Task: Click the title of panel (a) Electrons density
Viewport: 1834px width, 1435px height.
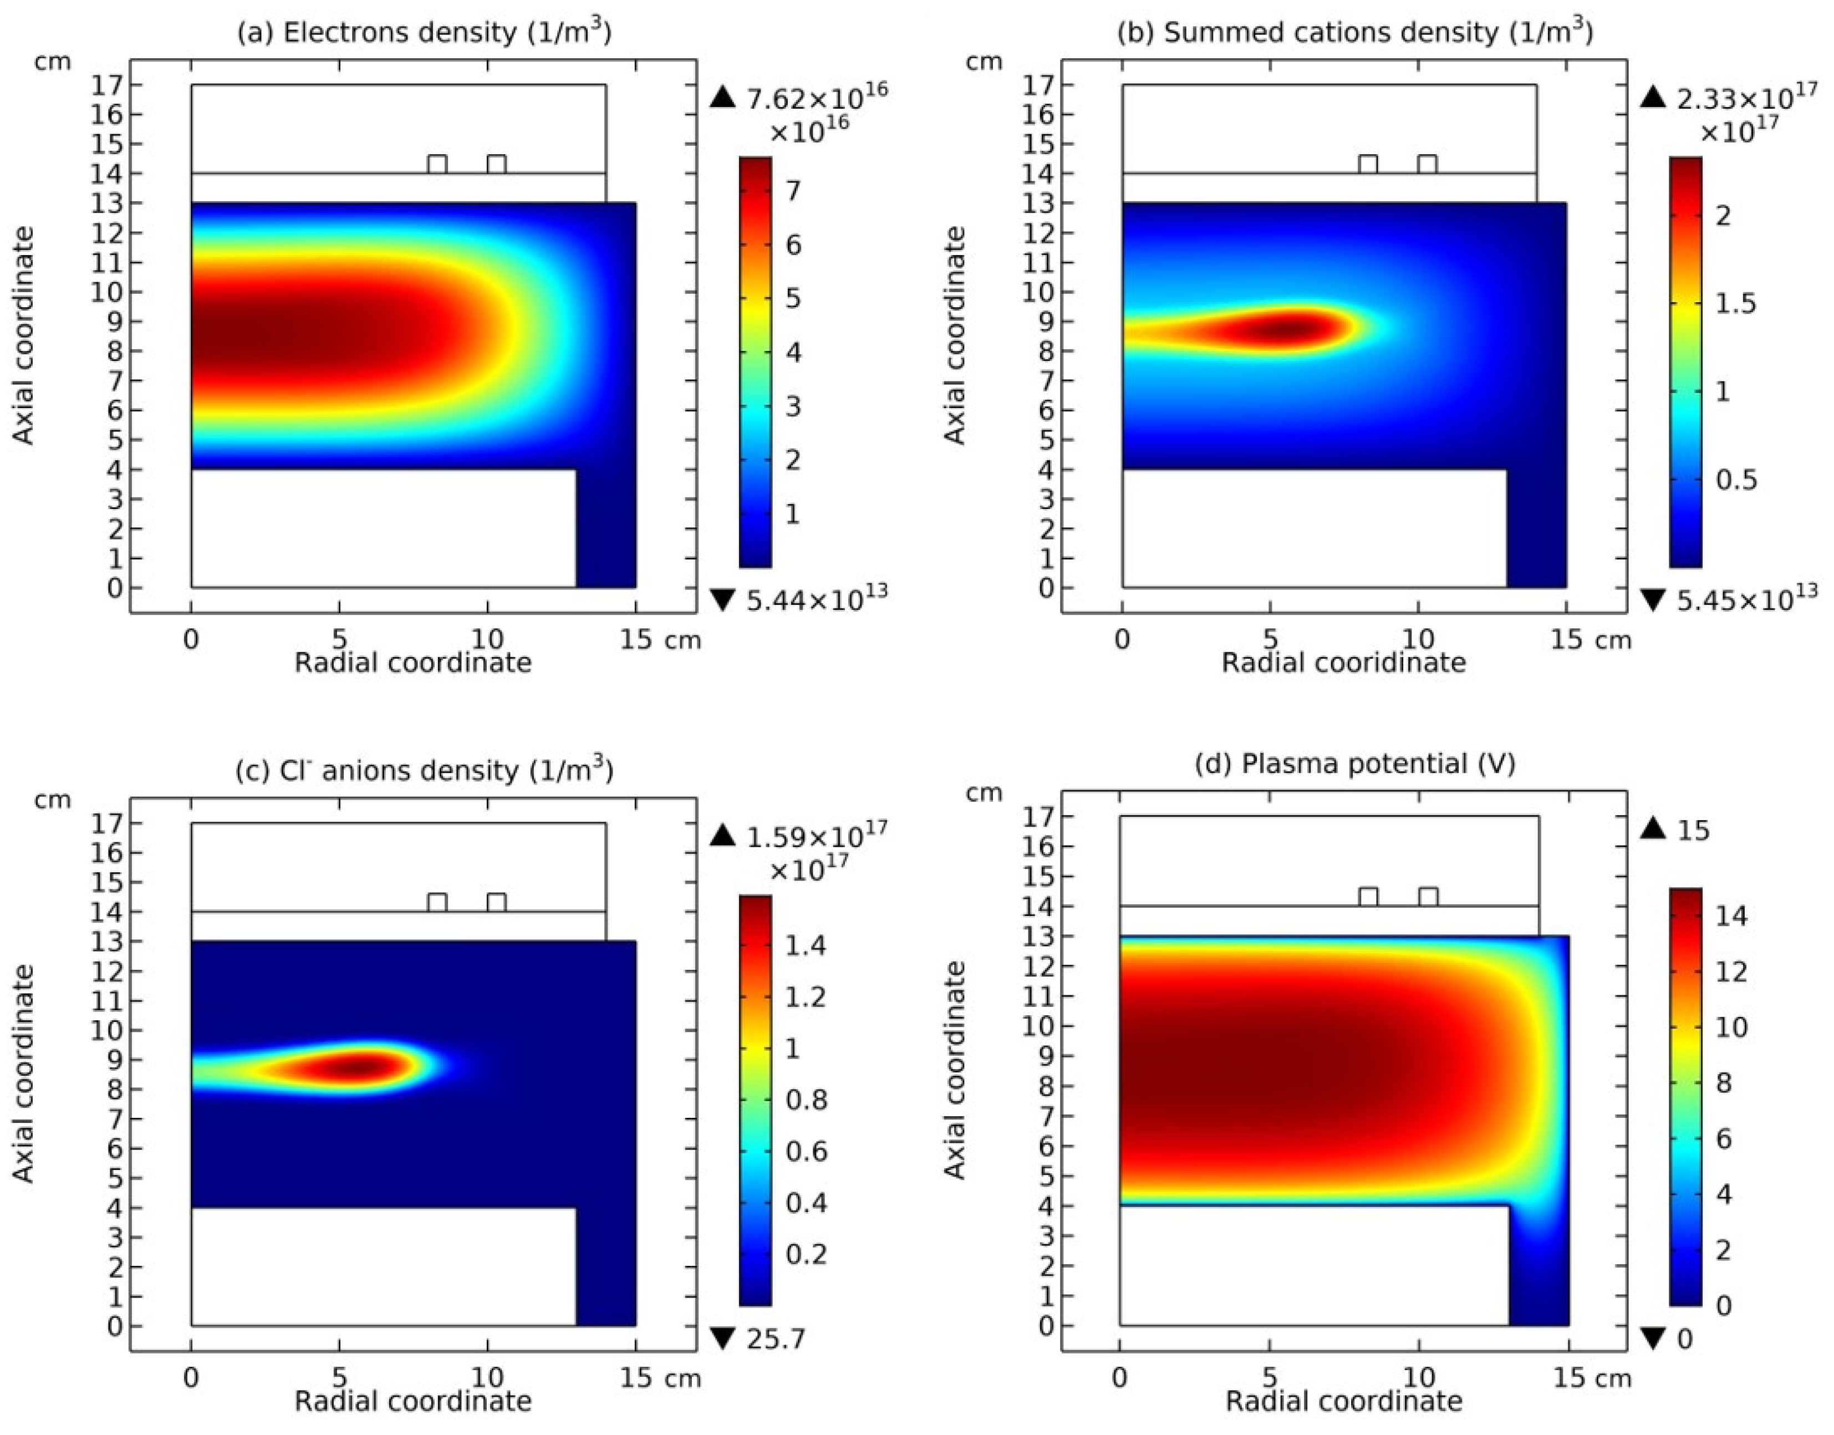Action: [x=424, y=32]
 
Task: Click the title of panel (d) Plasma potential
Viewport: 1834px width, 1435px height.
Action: [x=1354, y=764]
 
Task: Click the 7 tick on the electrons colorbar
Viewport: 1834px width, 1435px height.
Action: [x=792, y=191]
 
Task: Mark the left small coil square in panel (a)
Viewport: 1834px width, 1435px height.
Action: [x=437, y=164]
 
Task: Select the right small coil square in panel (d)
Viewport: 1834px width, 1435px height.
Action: [x=1428, y=897]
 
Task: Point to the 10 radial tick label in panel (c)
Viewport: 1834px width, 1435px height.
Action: [x=487, y=1378]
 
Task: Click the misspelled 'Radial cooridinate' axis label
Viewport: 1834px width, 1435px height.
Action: [x=1343, y=663]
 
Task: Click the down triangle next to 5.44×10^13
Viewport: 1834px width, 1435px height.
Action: [x=722, y=598]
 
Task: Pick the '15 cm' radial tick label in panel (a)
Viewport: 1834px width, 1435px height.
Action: [x=660, y=640]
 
